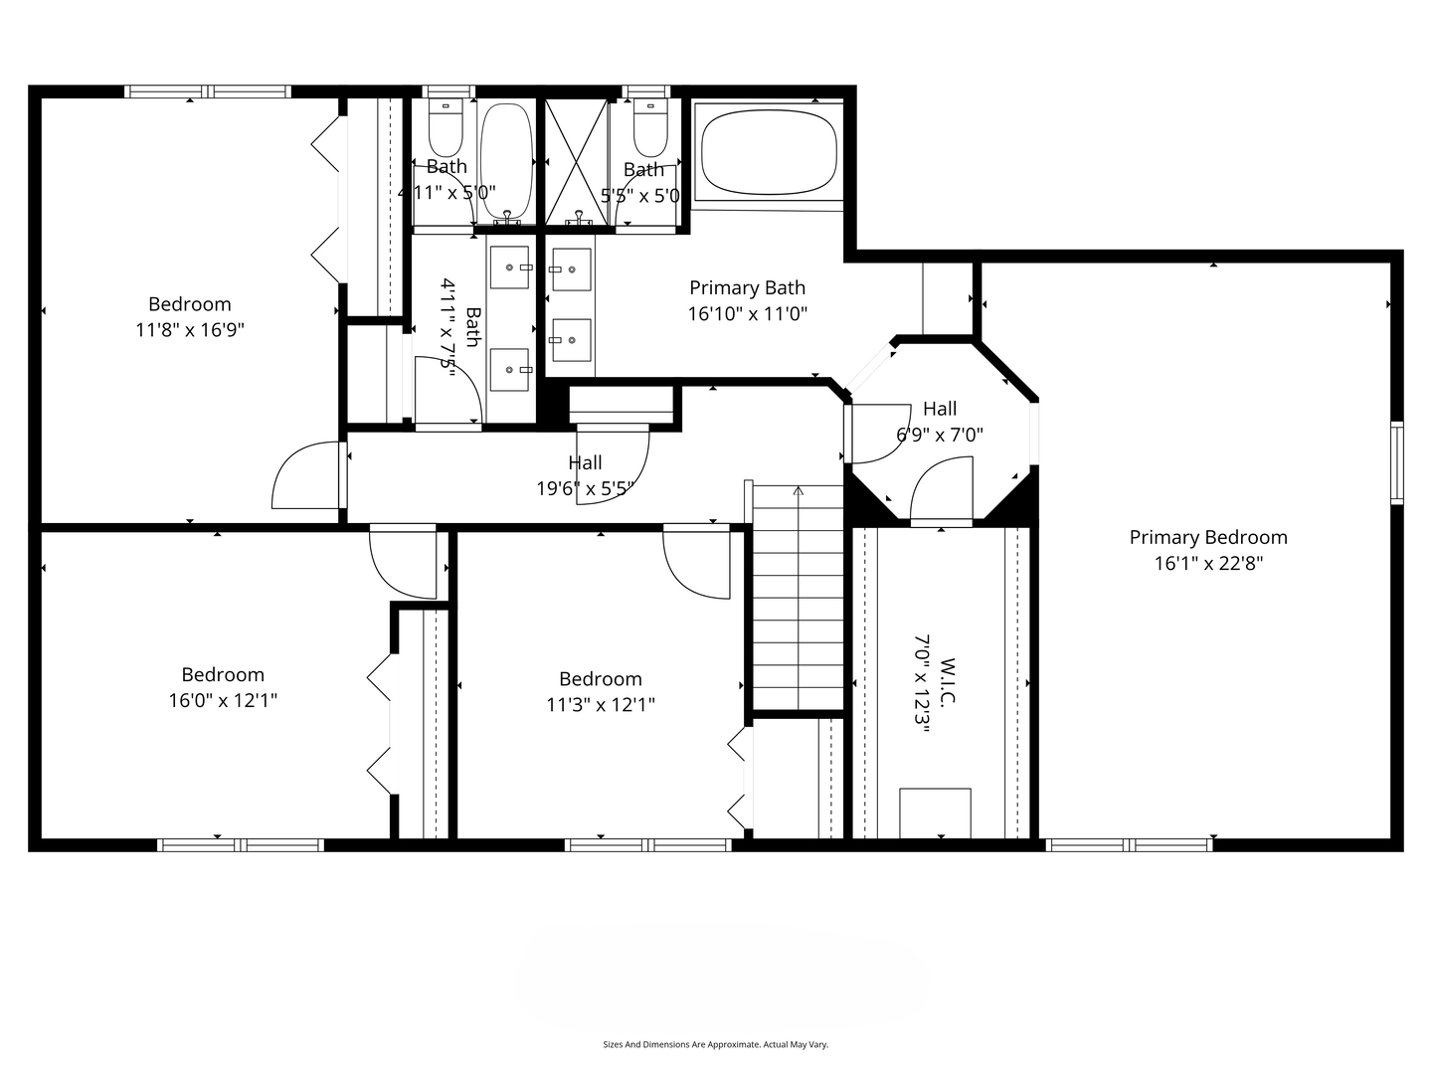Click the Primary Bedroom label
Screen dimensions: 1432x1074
[1208, 537]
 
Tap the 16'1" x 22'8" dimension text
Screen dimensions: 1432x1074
[1208, 564]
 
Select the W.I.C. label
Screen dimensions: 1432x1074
[948, 681]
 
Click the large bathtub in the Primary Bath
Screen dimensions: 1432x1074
[768, 152]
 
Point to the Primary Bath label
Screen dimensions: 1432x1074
[747, 287]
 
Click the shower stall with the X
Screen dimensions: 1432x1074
[577, 162]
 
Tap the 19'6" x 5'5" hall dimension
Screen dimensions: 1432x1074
[585, 488]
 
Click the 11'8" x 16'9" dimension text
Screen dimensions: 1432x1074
[190, 330]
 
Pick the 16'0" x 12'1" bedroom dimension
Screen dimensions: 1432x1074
[223, 700]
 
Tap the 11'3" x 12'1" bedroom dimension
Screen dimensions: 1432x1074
[601, 705]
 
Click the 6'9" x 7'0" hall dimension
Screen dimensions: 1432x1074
[940, 435]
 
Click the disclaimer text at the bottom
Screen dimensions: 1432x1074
[716, 1044]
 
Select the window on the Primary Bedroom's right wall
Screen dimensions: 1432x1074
[1397, 463]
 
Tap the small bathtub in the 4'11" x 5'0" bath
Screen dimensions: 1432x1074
[506, 160]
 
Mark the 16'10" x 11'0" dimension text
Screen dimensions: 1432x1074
[747, 313]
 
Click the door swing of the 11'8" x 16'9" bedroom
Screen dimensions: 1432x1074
[305, 474]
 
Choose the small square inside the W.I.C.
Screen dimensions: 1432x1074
[935, 812]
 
